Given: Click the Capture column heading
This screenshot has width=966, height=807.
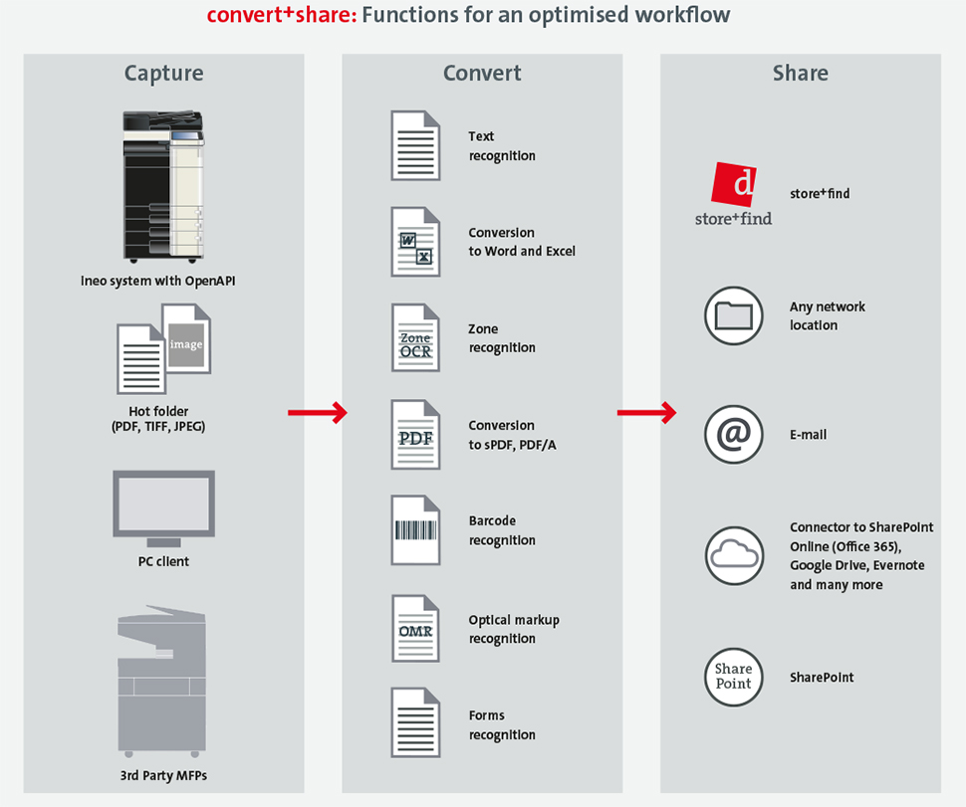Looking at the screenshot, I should click(x=163, y=74).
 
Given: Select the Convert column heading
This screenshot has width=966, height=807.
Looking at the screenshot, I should click(x=482, y=74).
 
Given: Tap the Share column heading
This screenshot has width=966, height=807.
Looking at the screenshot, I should click(x=800, y=74).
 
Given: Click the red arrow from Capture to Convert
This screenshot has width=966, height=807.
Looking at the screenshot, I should click(x=316, y=412).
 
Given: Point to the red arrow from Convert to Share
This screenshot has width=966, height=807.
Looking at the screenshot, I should click(x=646, y=412).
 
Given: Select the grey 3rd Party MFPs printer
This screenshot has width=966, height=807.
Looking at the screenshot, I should click(x=162, y=682).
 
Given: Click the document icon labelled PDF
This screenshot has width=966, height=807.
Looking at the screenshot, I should click(x=415, y=435).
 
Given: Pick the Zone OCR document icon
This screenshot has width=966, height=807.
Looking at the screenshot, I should click(x=415, y=338).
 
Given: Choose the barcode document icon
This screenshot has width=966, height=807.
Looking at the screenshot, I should click(x=415, y=530).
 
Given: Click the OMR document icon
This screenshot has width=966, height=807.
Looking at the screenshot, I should click(x=415, y=629).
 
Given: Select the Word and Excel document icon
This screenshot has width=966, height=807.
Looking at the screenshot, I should click(x=415, y=242).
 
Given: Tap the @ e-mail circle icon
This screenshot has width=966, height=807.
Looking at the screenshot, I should click(x=733, y=435).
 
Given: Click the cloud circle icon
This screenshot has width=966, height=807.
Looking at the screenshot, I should click(x=733, y=554).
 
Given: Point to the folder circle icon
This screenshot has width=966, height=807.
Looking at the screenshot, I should click(x=733, y=315).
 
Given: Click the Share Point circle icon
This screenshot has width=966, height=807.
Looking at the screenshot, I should click(x=733, y=677).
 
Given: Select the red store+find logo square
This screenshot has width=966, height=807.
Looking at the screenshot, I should click(x=734, y=185).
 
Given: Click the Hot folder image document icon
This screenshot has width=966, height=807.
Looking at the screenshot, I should click(x=186, y=337).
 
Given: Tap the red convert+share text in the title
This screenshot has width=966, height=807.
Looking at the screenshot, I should click(x=278, y=16).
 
